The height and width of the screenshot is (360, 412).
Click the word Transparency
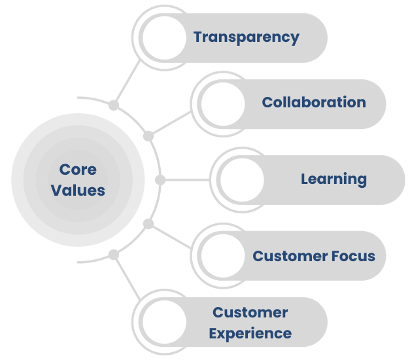(246, 37)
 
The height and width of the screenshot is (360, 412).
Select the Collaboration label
(313, 102)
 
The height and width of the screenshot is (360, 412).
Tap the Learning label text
(334, 179)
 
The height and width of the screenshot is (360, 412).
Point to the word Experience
(250, 333)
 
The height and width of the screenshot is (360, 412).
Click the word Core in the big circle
(78, 170)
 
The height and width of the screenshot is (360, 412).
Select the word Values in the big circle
(78, 190)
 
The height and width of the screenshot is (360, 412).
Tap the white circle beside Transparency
(164, 37)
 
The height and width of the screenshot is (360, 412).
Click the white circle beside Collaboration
(222, 103)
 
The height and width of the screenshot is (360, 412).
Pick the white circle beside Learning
(241, 179)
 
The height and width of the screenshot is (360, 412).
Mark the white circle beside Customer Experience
(164, 322)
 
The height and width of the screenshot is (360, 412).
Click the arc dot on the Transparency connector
(114, 104)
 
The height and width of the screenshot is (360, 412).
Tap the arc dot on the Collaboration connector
(148, 136)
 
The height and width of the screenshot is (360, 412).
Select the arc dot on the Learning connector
(160, 179)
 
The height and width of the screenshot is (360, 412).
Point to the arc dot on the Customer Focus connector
(148, 223)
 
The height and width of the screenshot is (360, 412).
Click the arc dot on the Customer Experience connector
(114, 254)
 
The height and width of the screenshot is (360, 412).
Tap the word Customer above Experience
(250, 312)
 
